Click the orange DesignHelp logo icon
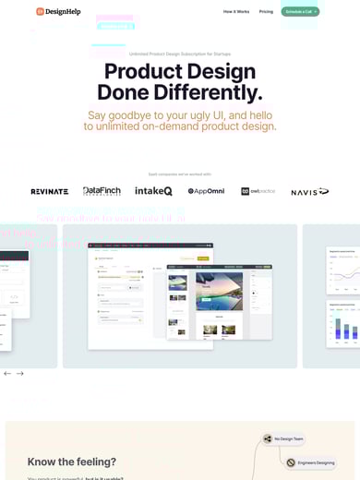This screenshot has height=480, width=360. pos(40,11)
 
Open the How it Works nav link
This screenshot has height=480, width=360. pos(235,11)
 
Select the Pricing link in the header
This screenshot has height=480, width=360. pos(266,11)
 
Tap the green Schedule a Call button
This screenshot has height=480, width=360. pos(300,11)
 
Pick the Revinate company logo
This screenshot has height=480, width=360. pos(49,191)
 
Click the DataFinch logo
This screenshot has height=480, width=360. pos(102,191)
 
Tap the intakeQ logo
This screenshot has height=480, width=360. pos(153,191)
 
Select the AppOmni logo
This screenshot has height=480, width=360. pos(206,191)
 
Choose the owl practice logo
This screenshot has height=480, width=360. pos(258,191)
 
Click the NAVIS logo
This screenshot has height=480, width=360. pos(309,191)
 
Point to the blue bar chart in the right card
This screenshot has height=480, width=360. pos(343,328)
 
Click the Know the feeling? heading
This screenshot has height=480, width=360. pos(72,462)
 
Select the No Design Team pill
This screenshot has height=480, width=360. pos(282,438)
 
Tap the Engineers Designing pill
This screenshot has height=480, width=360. pos(310,462)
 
